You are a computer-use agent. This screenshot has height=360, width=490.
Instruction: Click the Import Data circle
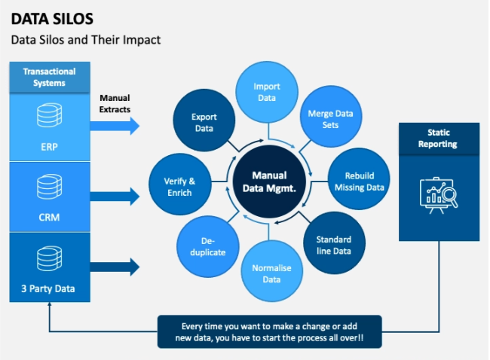pos(267,92)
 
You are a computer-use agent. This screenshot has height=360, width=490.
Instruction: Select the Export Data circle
pos(204,121)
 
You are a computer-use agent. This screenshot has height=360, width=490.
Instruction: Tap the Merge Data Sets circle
pos(331,116)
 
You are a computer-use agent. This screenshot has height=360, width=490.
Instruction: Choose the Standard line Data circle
pos(334,243)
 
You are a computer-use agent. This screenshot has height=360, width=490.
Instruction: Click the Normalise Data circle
pos(271,271)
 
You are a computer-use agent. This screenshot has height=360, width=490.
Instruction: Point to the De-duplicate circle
pos(208,247)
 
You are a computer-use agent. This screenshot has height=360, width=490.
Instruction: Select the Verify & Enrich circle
pos(179,185)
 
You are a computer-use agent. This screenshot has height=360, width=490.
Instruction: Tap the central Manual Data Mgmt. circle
pos(269,182)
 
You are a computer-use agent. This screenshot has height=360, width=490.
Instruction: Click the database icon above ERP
pos(49,115)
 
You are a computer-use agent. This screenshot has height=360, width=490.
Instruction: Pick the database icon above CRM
pos(49,186)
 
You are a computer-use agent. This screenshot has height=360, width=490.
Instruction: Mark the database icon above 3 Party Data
pos(49,258)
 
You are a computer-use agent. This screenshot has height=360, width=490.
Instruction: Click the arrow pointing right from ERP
pos(115,126)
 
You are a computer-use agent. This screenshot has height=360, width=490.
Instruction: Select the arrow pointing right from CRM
pos(115,197)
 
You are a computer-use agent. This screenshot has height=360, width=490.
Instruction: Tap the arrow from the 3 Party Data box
pos(115,267)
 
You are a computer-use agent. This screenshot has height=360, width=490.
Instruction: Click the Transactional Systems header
pos(50,77)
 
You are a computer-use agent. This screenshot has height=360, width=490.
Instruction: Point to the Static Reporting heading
pos(439,139)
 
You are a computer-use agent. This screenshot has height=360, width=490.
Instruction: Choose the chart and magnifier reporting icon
pos(439,196)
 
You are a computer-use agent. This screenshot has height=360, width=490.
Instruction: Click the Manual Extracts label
pos(115,104)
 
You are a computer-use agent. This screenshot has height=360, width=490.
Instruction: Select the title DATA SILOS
pos(52,19)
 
